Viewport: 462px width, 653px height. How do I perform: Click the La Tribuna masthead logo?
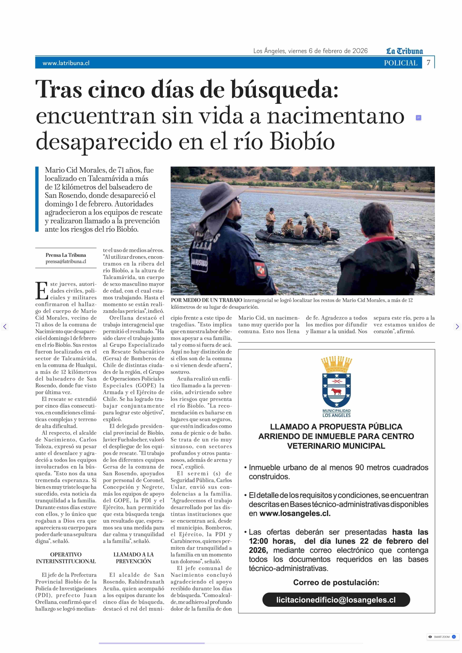[404, 51]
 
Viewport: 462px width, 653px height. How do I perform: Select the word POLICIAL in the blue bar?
[400, 63]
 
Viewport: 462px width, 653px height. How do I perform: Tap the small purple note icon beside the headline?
[418, 117]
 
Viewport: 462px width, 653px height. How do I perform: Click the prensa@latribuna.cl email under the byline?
[66, 261]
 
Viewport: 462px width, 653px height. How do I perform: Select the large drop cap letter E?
[41, 291]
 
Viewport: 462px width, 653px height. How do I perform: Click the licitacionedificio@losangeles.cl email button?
[336, 600]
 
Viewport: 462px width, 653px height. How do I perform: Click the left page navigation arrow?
[5, 326]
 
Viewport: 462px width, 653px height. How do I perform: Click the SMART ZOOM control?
[441, 637]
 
